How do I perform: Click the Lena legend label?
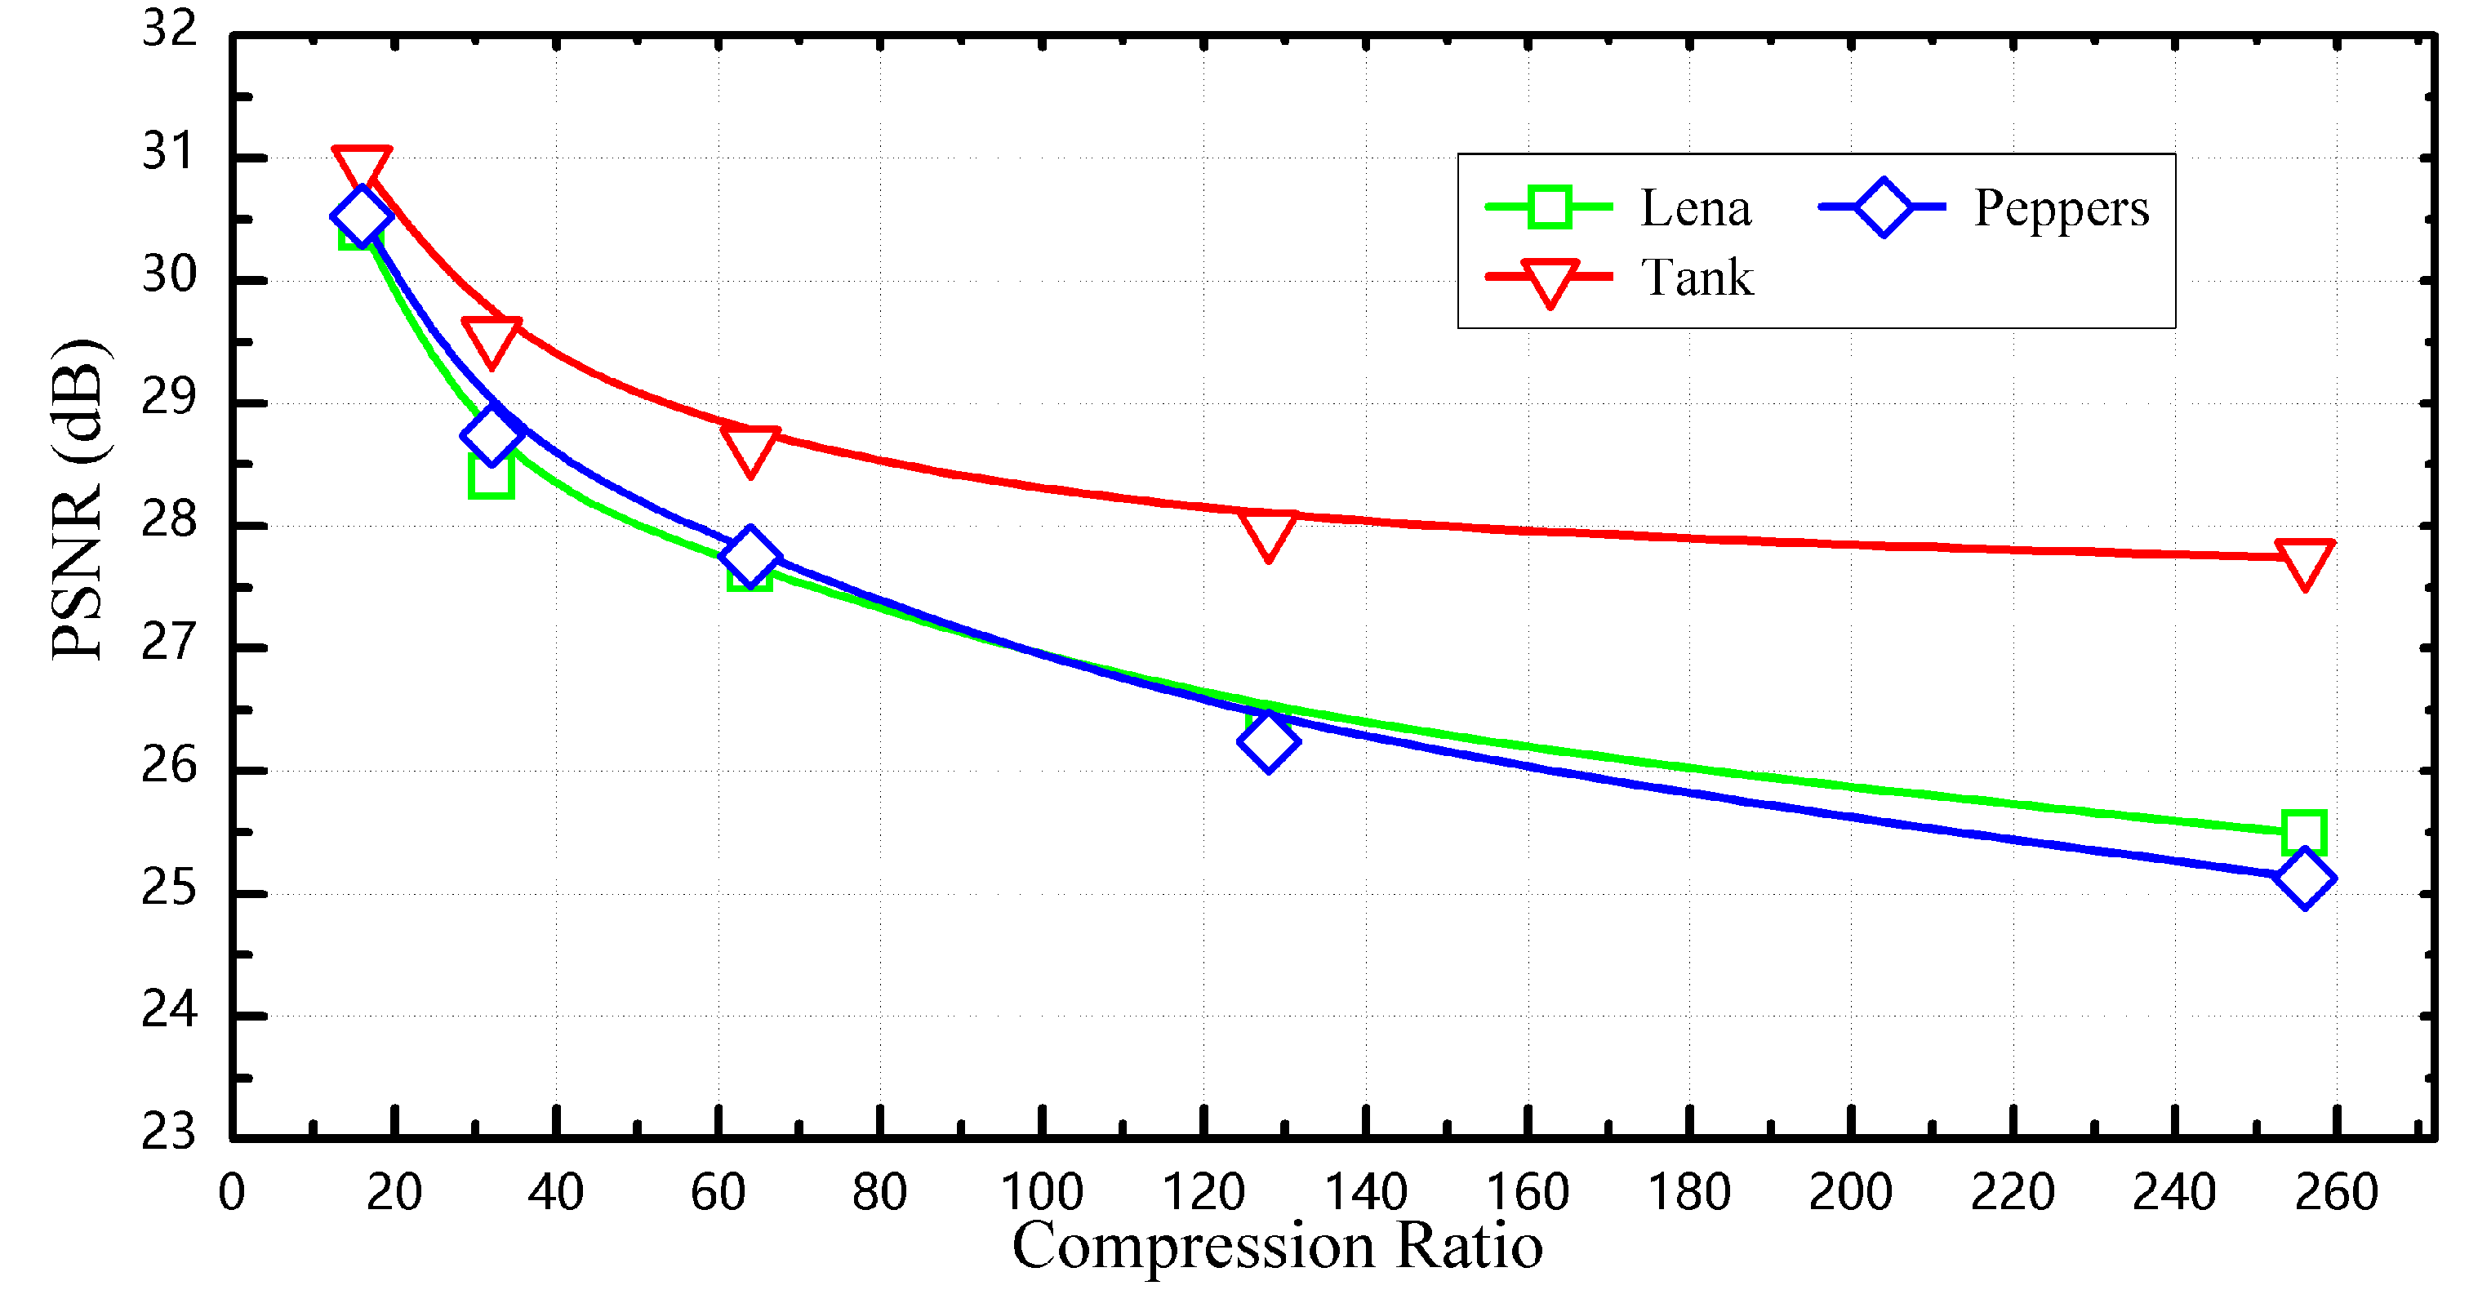coord(1694,208)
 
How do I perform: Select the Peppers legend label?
coord(2061,208)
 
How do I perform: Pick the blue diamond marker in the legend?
coord(1883,207)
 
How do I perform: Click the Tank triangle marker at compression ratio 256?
coord(2304,563)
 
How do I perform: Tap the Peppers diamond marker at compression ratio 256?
coord(2304,879)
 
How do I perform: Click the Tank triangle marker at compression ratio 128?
coord(1267,533)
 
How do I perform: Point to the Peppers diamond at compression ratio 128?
coord(1267,741)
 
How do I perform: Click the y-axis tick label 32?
coord(170,29)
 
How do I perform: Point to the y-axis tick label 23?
coord(170,1132)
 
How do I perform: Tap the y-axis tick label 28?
coord(170,520)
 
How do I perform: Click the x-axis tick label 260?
coord(2336,1193)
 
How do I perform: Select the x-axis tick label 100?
coord(1041,1193)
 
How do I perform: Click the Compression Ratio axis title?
coord(1277,1246)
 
